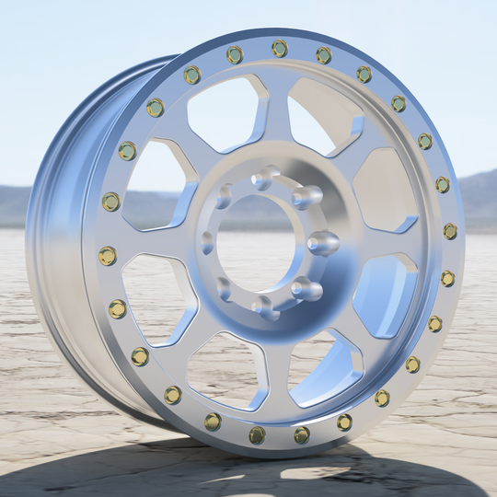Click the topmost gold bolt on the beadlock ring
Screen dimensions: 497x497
point(280,48)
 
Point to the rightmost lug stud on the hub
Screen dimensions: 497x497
point(322,243)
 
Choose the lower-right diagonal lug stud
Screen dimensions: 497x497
point(306,289)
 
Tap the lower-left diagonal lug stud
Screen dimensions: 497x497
point(224,288)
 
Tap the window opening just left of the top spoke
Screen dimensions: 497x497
point(225,115)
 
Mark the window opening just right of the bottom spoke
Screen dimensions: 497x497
point(322,368)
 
